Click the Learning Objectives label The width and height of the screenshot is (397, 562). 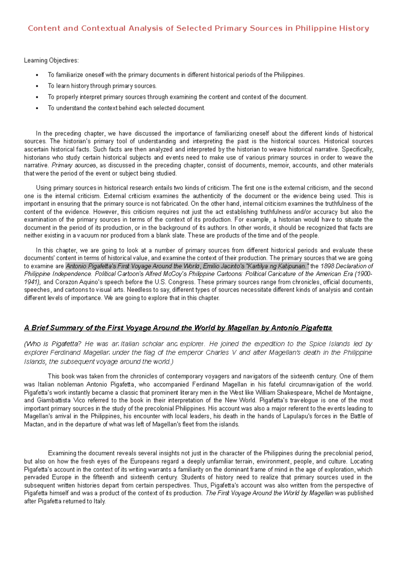(x=51, y=61)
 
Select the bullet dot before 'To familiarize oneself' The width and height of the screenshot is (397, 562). (x=37, y=75)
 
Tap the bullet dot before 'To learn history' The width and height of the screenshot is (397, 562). (x=37, y=86)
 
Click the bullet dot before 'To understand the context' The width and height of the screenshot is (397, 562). (x=37, y=108)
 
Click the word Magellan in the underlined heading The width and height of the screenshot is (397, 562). (x=243, y=328)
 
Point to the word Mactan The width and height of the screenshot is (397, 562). (x=34, y=424)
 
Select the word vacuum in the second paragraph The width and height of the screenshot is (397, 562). (x=88, y=236)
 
